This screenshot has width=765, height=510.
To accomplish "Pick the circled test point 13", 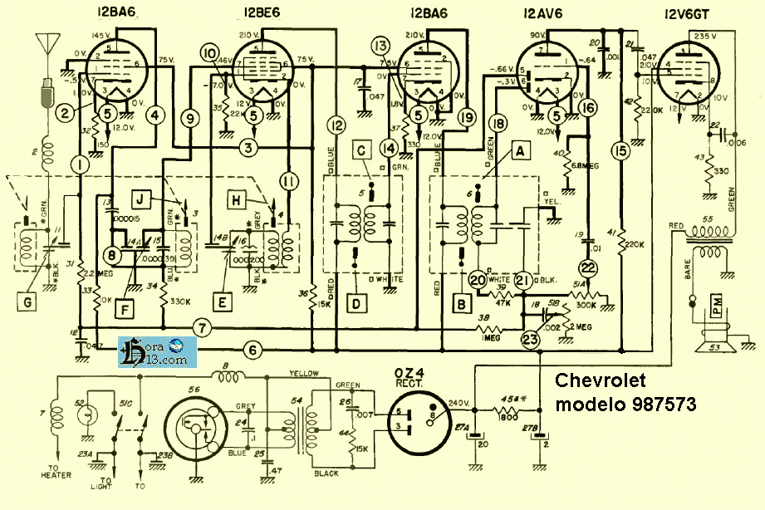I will (x=381, y=45).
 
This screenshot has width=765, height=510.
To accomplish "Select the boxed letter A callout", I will (x=521, y=151).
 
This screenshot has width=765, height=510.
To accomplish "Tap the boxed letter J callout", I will (x=143, y=198).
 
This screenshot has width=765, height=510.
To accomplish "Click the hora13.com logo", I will (x=157, y=351).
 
